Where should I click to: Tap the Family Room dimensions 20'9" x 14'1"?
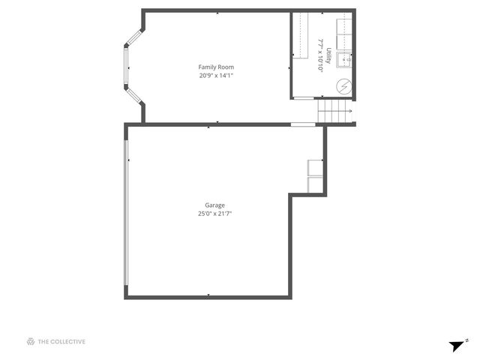click(x=216, y=75)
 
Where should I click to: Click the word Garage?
click(x=215, y=205)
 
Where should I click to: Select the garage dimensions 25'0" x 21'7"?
click(x=215, y=213)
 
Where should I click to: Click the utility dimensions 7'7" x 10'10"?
click(x=320, y=55)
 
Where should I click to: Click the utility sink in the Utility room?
click(x=343, y=59)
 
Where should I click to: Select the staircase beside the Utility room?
click(x=334, y=112)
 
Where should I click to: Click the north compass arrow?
click(x=457, y=346)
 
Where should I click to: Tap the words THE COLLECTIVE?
click(x=61, y=342)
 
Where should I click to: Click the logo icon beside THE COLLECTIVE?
click(x=31, y=342)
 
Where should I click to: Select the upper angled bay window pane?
click(x=134, y=37)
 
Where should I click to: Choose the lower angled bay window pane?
click(x=134, y=94)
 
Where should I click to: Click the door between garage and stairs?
click(x=302, y=124)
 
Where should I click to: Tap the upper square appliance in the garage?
click(x=314, y=167)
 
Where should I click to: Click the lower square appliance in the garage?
click(x=314, y=184)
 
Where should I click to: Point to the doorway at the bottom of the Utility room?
click(x=307, y=98)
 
